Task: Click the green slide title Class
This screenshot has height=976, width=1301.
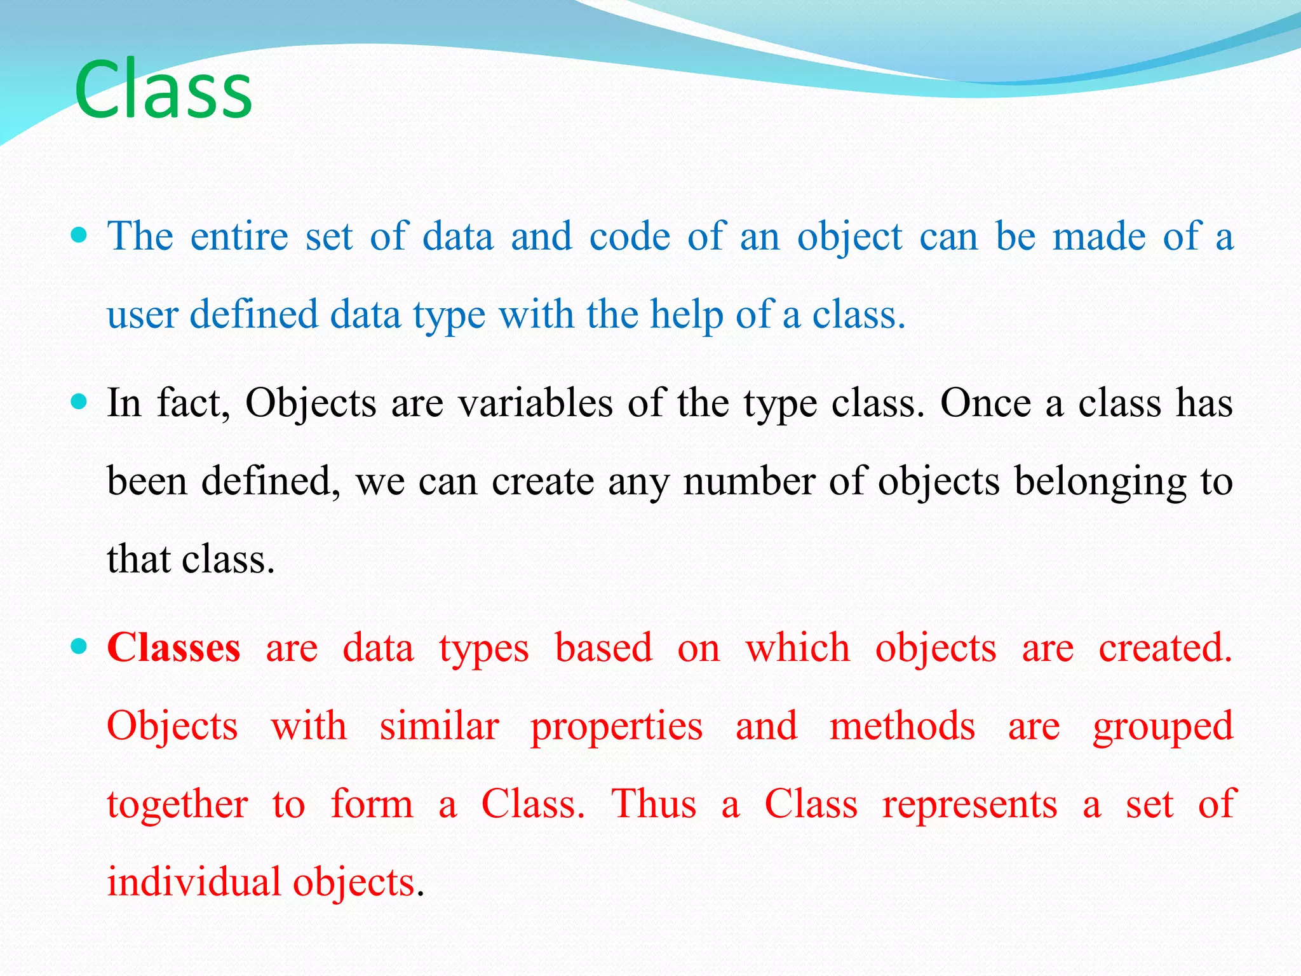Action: pyautogui.click(x=163, y=90)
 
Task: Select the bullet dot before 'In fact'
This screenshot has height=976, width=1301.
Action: pyautogui.click(x=79, y=402)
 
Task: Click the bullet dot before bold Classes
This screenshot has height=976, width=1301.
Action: pyautogui.click(x=79, y=647)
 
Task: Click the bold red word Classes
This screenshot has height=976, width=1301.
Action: pyautogui.click(x=173, y=648)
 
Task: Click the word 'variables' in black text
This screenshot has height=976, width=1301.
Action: pyautogui.click(x=536, y=403)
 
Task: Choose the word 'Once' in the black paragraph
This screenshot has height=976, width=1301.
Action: pyautogui.click(x=985, y=403)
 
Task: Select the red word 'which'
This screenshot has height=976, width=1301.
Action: pyautogui.click(x=797, y=649)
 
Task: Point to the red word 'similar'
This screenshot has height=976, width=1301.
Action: pyautogui.click(x=439, y=727)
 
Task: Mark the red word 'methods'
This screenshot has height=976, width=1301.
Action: pyautogui.click(x=902, y=727)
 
